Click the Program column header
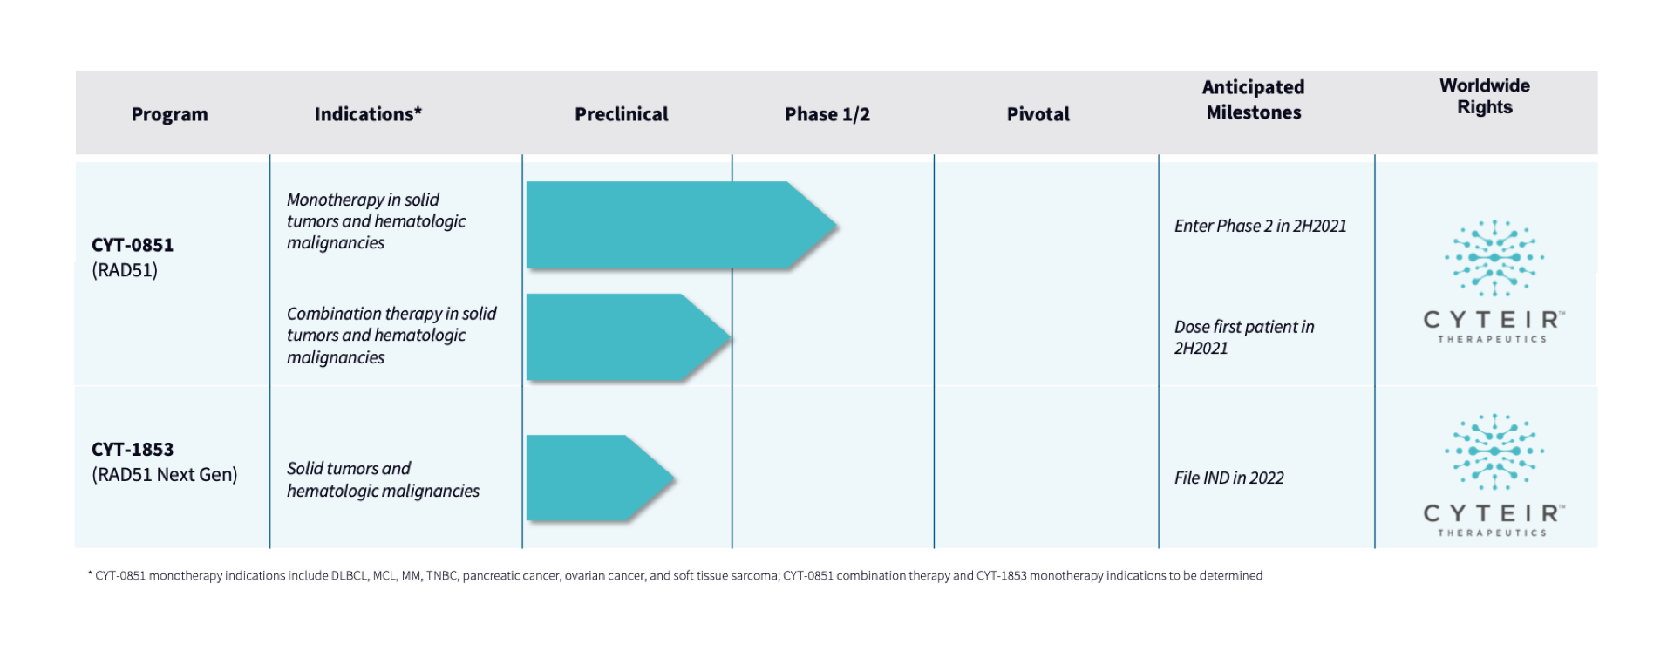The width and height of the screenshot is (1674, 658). [169, 114]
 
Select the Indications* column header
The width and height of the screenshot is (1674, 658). [368, 114]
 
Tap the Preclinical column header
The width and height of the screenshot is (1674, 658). [621, 114]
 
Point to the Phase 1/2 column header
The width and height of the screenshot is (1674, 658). [827, 114]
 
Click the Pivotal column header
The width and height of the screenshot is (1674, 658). [1038, 114]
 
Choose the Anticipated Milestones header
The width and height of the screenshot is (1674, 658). [1253, 99]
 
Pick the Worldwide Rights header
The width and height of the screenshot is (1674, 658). [1485, 96]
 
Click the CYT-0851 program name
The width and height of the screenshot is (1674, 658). [133, 245]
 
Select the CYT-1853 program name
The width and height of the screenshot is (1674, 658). [133, 450]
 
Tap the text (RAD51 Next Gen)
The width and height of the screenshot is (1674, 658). [165, 475]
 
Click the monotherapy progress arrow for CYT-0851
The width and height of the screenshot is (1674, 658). [682, 226]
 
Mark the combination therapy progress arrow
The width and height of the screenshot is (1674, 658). [629, 337]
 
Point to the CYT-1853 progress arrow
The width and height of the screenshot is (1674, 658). [601, 478]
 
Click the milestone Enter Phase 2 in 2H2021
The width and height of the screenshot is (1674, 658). [1260, 227]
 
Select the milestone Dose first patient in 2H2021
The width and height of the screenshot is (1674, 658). [1244, 337]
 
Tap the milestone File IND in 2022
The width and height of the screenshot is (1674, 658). [1228, 478]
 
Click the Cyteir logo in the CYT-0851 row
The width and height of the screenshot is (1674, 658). [1494, 282]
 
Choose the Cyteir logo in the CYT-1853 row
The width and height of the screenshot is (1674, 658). [1494, 475]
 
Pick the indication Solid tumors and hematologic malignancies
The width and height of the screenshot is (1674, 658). [383, 479]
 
